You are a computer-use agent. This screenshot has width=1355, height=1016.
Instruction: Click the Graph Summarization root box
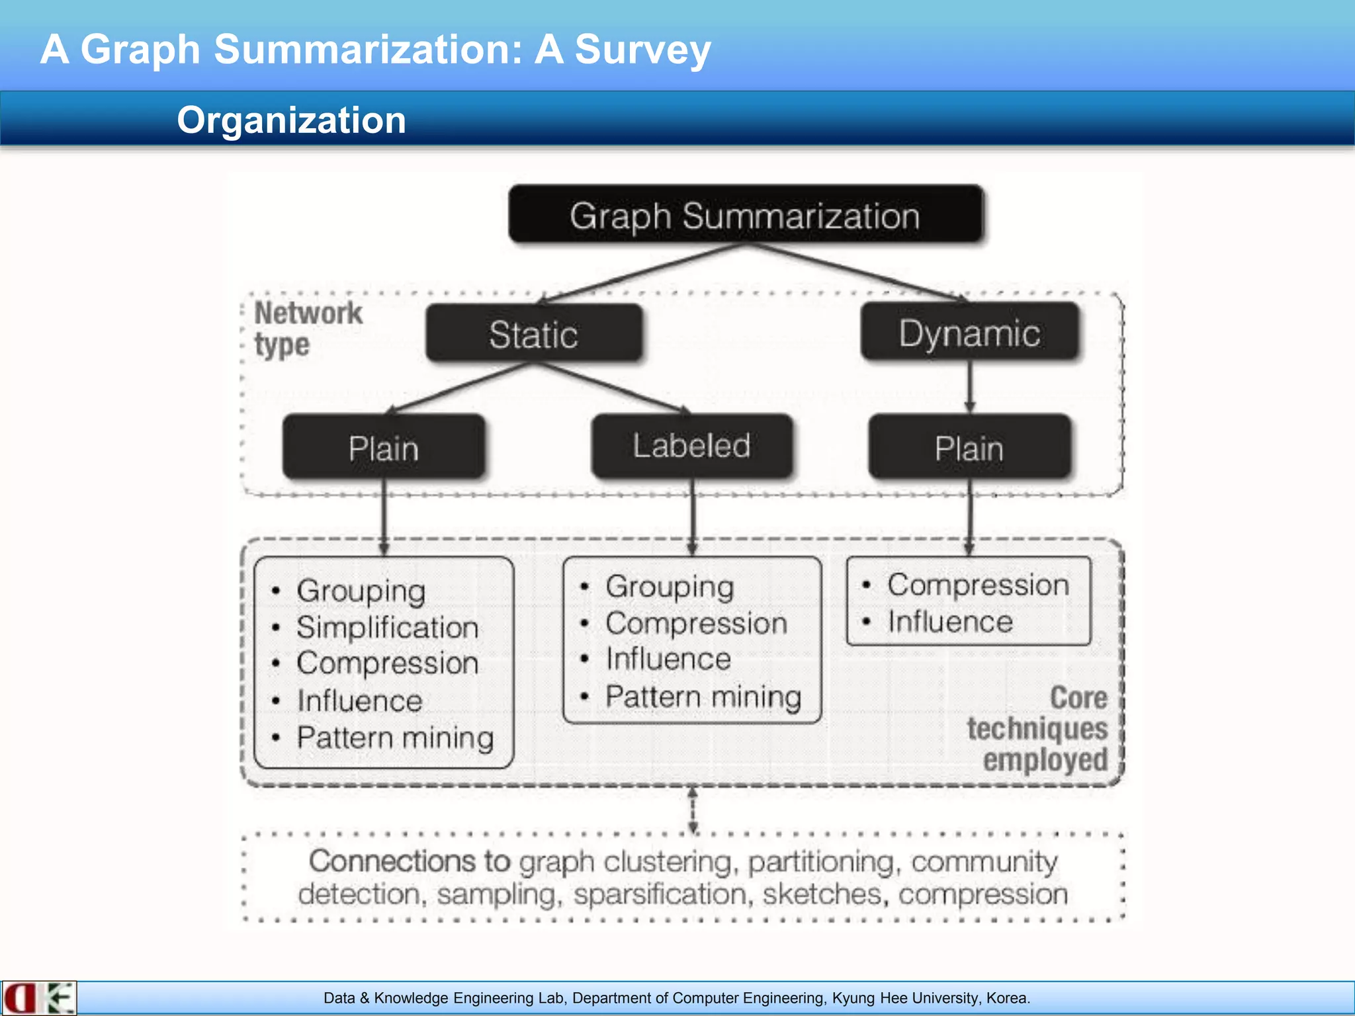click(745, 215)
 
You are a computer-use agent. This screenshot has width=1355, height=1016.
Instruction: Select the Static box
click(533, 334)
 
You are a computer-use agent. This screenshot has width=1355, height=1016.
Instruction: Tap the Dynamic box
click(969, 332)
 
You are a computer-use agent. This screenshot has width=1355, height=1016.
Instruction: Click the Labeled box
click(691, 446)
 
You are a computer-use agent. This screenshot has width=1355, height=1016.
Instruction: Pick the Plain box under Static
click(384, 448)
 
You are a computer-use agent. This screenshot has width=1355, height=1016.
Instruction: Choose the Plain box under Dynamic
click(969, 448)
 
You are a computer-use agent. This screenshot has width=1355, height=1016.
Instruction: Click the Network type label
click(308, 329)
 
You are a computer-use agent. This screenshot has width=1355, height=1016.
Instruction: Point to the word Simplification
click(387, 627)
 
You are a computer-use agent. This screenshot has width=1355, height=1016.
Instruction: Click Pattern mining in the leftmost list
click(395, 738)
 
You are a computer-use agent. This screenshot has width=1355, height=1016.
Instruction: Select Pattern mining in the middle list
click(703, 697)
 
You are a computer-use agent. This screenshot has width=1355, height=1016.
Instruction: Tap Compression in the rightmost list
click(978, 585)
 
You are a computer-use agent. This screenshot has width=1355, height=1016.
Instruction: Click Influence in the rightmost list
click(950, 622)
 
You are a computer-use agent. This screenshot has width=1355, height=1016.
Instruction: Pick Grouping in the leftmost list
click(361, 590)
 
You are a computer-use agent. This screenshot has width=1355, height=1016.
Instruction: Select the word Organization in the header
click(291, 120)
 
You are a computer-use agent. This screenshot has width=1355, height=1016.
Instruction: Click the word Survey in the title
click(642, 50)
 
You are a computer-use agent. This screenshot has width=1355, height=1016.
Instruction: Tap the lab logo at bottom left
click(38, 998)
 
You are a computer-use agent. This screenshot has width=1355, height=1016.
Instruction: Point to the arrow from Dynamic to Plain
click(970, 387)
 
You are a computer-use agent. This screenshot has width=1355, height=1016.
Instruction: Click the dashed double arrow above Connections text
click(693, 810)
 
